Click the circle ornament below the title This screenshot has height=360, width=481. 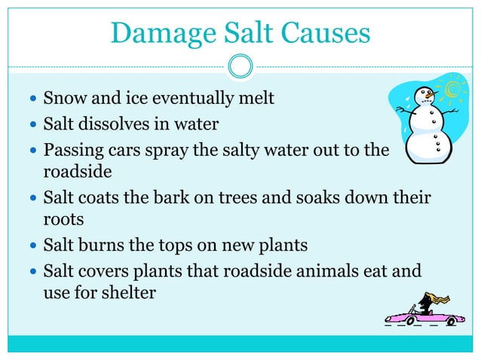coord(240,66)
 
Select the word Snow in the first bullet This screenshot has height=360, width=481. coord(63,99)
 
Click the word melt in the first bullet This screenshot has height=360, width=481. coord(254,99)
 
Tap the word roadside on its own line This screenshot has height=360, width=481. coord(77,172)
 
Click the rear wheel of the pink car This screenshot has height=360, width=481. coord(450,322)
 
